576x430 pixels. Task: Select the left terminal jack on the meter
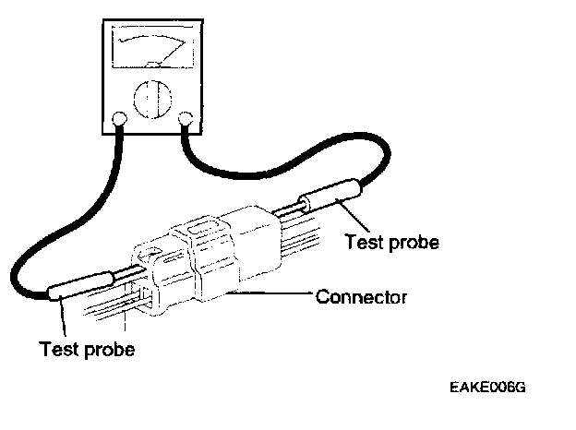pyautogui.click(x=118, y=118)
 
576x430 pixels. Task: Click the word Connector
pyautogui.click(x=361, y=297)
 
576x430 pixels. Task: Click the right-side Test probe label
pyautogui.click(x=390, y=243)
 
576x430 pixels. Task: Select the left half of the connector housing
pyautogui.click(x=171, y=272)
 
